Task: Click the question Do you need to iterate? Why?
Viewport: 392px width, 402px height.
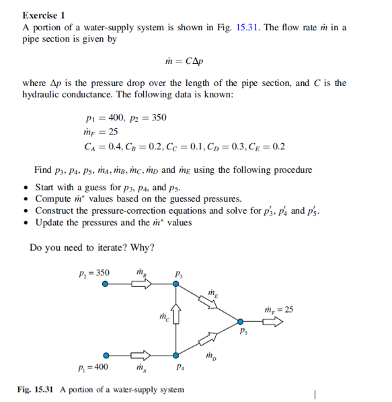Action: pyautogui.click(x=92, y=247)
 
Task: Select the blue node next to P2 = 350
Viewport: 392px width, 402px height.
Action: pyautogui.click(x=105, y=284)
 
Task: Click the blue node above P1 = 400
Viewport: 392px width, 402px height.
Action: pyautogui.click(x=105, y=356)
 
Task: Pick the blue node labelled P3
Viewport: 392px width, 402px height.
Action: pyautogui.click(x=176, y=284)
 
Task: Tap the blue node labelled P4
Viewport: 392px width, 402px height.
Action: pyautogui.click(x=176, y=356)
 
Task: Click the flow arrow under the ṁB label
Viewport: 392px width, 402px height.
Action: pyautogui.click(x=142, y=284)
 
